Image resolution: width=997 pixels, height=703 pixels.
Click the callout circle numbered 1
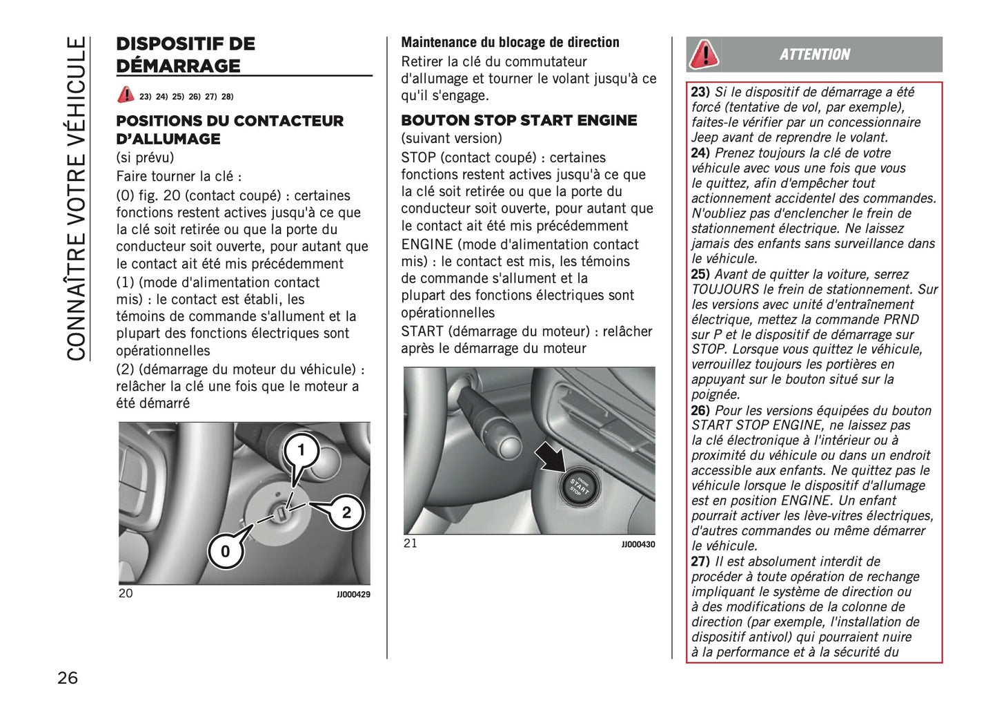point(301,450)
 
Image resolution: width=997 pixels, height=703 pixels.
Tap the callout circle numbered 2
point(346,512)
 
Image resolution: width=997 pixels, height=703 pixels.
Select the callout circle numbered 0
point(225,551)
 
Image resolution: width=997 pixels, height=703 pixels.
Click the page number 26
point(68,677)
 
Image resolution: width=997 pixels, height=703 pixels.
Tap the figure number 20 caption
point(126,593)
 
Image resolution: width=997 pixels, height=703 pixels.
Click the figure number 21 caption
point(411,543)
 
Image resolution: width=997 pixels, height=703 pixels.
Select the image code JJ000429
point(353,595)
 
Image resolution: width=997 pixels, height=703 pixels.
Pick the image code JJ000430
point(638,545)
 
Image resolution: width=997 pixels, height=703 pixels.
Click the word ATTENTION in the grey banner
point(815,55)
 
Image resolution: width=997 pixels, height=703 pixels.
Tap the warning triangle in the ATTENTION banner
point(704,54)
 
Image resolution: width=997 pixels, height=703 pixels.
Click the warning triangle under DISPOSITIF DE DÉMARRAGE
point(126,95)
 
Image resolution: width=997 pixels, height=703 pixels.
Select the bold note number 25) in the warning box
point(700,274)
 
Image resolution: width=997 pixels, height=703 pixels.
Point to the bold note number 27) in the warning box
point(700,561)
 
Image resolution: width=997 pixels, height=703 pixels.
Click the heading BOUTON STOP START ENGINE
point(519,120)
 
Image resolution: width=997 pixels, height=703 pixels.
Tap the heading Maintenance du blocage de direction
point(510,42)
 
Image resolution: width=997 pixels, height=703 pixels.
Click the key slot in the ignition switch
point(282,514)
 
